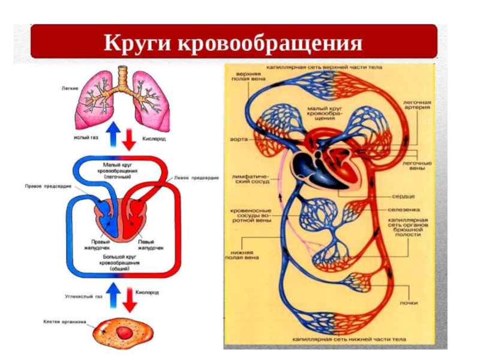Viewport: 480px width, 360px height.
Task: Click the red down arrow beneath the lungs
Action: pos(128,139)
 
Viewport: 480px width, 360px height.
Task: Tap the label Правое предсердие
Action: pos(48,187)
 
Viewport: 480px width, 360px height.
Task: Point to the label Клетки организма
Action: pos(65,322)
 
